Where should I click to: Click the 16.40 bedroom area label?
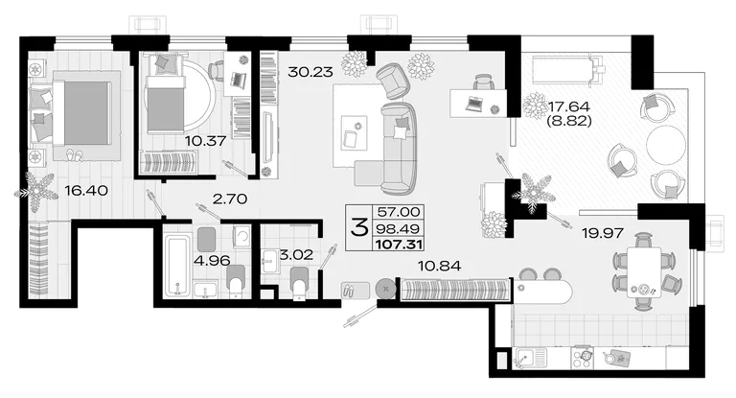tap(86, 191)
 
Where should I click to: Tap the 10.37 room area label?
tap(206, 140)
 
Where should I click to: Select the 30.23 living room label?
tap(310, 72)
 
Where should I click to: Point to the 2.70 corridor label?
tap(230, 199)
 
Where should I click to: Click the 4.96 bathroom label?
tap(212, 260)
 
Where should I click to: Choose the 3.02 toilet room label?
tap(296, 255)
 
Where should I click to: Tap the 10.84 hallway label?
tap(439, 267)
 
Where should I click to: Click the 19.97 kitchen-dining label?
tap(602, 233)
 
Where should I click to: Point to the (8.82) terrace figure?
tap(569, 121)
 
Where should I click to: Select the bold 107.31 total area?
tap(399, 245)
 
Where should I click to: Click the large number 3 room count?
tap(359, 228)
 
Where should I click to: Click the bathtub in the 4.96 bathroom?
tap(178, 267)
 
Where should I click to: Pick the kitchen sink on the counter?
tap(530, 358)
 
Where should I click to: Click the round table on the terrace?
tap(666, 145)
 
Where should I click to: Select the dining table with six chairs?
tap(644, 272)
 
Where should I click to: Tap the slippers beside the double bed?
tap(73, 154)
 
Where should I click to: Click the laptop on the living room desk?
tap(475, 103)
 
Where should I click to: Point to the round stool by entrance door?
tap(386, 289)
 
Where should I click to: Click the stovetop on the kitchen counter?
tap(582, 359)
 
